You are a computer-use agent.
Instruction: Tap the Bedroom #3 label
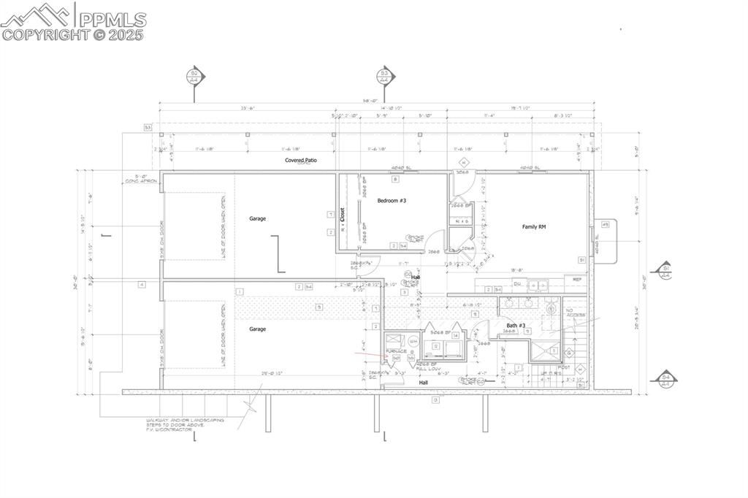pyautogui.click(x=392, y=200)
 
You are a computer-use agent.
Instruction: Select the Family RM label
pyautogui.click(x=534, y=227)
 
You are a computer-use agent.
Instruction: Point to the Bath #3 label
pyautogui.click(x=516, y=325)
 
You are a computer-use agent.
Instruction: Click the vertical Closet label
pyautogui.click(x=342, y=215)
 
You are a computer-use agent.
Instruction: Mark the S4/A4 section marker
pyautogui.click(x=665, y=380)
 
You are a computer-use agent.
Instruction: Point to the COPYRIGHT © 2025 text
pyautogui.click(x=73, y=34)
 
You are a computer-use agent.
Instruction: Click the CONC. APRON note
pyautogui.click(x=137, y=178)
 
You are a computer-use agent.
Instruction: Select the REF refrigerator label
pyautogui.click(x=577, y=279)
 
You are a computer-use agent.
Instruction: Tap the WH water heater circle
pyautogui.click(x=413, y=340)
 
